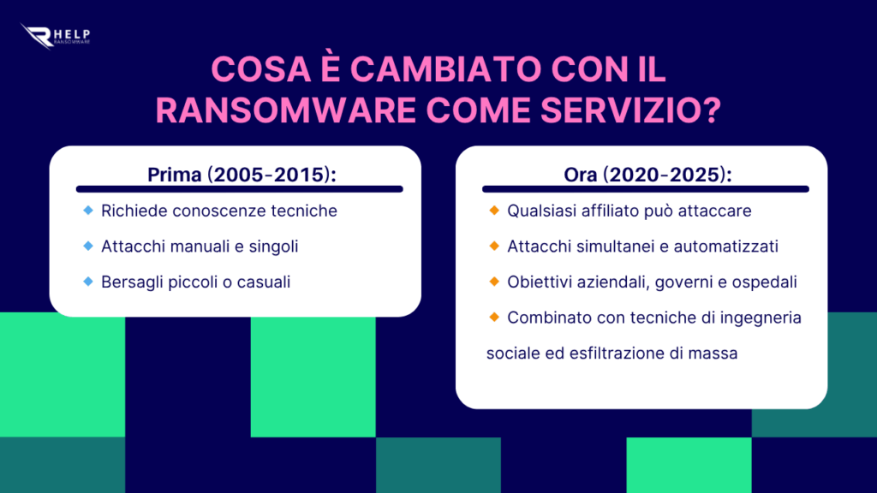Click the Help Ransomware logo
pos(55,36)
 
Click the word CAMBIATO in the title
pos(445,69)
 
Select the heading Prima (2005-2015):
pos(242,175)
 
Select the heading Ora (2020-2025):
pos(647,175)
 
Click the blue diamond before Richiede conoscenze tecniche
pos(88,211)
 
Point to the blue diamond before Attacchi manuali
pos(88,246)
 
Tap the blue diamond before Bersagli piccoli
pos(88,281)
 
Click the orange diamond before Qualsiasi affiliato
pos(494,211)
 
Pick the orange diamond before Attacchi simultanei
pos(494,246)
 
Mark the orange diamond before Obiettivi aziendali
pos(494,281)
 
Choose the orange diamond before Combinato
pos(494,317)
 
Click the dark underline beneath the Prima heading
pos(240,189)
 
